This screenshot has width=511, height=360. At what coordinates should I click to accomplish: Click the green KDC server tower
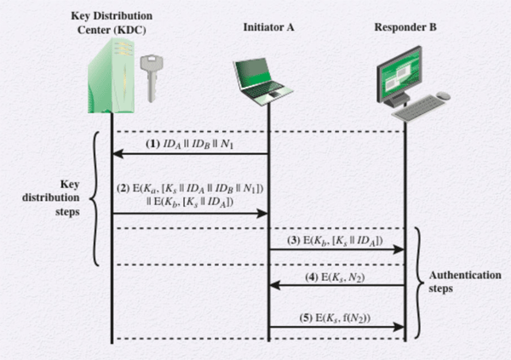coord(110,77)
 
